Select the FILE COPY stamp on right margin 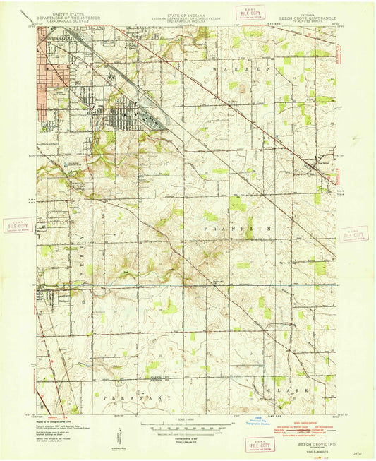tap(353, 234)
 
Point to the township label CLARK tap(289, 388)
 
